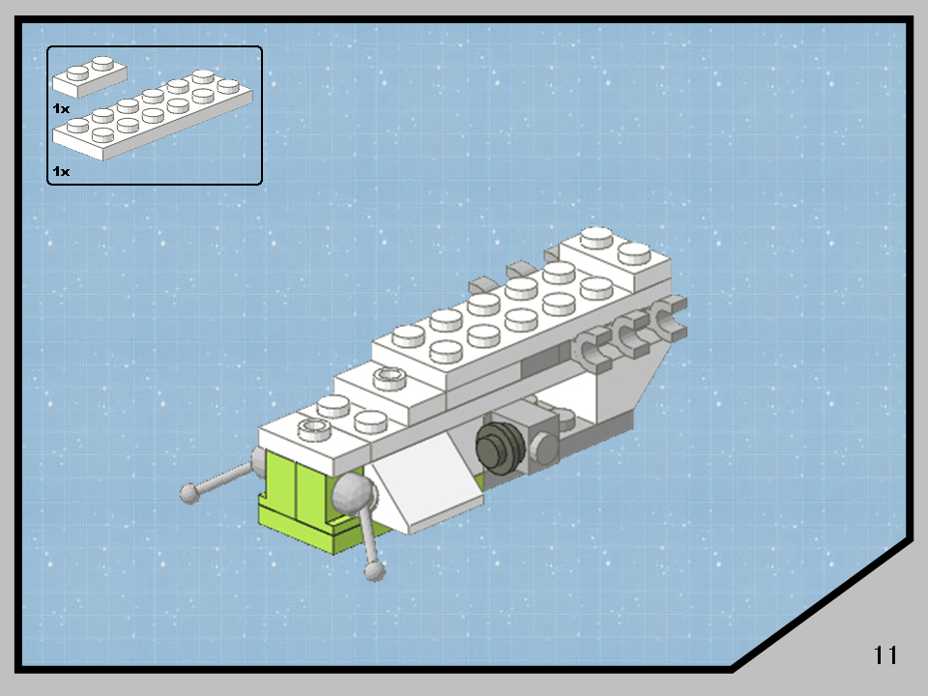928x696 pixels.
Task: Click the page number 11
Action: coord(885,654)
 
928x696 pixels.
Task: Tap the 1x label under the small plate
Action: coord(61,109)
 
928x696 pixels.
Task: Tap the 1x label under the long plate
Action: coord(61,171)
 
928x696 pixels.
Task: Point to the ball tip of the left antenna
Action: coord(190,494)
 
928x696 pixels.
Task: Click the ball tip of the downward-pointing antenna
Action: coord(375,571)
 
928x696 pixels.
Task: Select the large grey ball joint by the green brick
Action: coord(352,496)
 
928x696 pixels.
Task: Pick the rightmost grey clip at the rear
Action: coord(669,319)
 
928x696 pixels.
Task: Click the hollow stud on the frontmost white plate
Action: coord(311,426)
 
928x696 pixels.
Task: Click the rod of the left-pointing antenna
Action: coord(224,477)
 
